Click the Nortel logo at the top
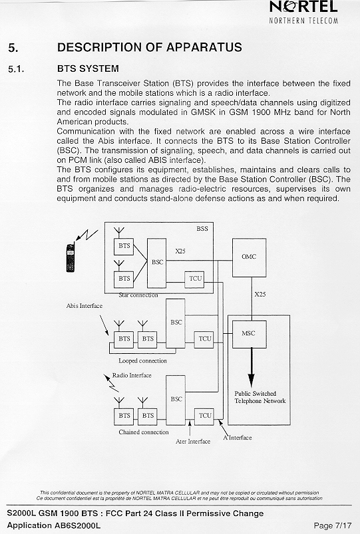[303, 12]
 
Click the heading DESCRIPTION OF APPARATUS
[150, 47]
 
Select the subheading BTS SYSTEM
[88, 68]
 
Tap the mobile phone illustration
[71, 257]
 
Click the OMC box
[249, 257]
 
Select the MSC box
[249, 334]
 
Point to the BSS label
[202, 229]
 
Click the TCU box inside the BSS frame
[194, 279]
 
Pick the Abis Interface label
[85, 306]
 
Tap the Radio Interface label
[132, 375]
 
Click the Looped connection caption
[142, 360]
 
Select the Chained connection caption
[144, 432]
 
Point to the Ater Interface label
[193, 442]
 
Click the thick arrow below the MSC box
[252, 368]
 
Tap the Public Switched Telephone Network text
[260, 397]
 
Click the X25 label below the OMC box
[260, 294]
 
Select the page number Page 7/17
[333, 525]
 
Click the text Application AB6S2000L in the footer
[53, 525]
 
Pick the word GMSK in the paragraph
[203, 112]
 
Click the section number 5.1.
[16, 69]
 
